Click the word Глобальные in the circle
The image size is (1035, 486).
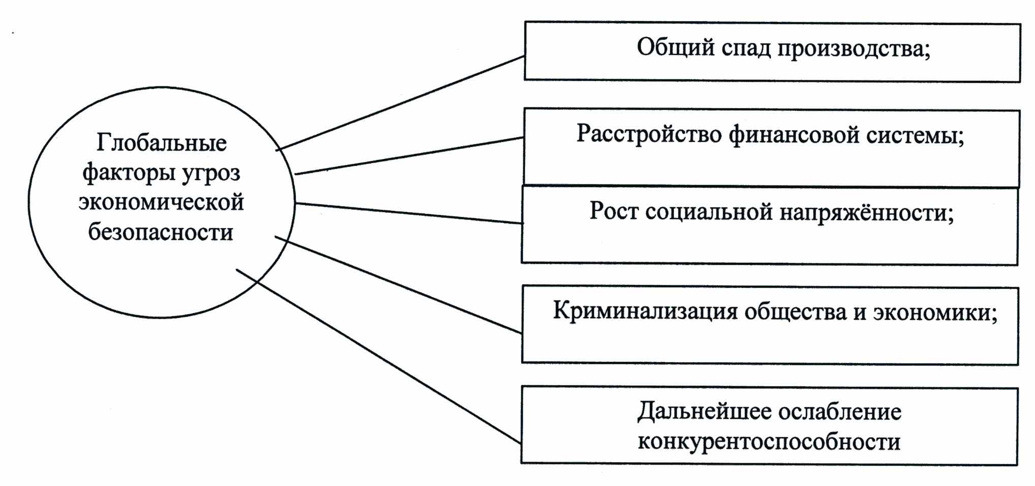click(x=162, y=143)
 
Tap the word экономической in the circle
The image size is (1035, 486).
click(x=161, y=202)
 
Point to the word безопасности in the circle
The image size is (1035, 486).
click(x=161, y=232)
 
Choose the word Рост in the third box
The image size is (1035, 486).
click(x=613, y=210)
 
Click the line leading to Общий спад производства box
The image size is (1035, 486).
click(x=401, y=103)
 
